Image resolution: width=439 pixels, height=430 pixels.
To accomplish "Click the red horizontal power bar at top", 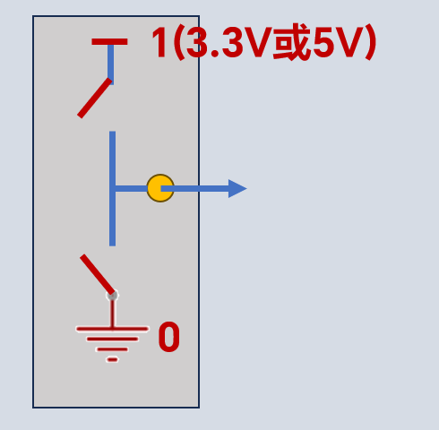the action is (x=109, y=41).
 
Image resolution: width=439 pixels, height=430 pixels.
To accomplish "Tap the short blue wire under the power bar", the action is (x=110, y=64).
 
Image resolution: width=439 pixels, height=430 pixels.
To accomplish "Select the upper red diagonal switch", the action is (x=95, y=98).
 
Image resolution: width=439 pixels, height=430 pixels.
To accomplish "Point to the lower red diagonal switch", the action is (x=98, y=275).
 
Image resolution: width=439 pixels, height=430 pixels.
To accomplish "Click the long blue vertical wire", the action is (x=112, y=188).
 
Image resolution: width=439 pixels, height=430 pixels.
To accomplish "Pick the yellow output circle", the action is (x=160, y=188).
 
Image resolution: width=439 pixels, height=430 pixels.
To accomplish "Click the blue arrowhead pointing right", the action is (x=237, y=188).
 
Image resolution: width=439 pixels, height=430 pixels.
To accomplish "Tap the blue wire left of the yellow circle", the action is (x=131, y=188).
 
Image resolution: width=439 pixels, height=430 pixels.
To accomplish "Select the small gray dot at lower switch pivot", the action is (x=112, y=296).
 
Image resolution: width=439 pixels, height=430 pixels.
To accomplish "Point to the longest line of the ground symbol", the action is (x=112, y=329).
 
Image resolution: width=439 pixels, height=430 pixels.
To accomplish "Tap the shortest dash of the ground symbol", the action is (x=112, y=360).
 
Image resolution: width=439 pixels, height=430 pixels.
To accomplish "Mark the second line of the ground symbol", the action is (x=112, y=340).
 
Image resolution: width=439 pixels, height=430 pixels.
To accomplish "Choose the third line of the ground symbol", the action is (x=112, y=349).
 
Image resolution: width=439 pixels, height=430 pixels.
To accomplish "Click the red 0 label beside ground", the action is (x=169, y=337).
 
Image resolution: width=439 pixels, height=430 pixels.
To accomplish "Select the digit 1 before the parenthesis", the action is (x=159, y=42).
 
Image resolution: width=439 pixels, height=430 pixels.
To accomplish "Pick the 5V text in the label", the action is (x=337, y=42).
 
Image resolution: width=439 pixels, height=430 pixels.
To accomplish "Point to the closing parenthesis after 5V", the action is (x=370, y=42).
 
